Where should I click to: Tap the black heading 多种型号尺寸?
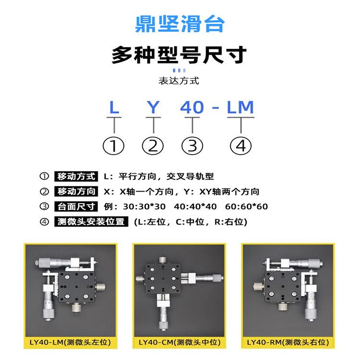click(x=180, y=55)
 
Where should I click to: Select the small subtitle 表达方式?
click(x=179, y=81)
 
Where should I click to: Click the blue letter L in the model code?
click(x=114, y=107)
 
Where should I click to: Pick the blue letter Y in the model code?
click(x=153, y=107)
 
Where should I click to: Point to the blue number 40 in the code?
click(x=192, y=107)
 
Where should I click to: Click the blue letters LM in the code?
click(x=240, y=107)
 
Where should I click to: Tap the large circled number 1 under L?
click(x=114, y=145)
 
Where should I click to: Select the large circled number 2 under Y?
click(x=153, y=145)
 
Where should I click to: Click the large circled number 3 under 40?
click(x=192, y=145)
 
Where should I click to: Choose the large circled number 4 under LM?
click(x=241, y=145)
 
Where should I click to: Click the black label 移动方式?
click(x=76, y=176)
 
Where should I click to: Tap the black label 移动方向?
click(x=76, y=192)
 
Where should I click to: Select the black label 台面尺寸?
click(x=76, y=206)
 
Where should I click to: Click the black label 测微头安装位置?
click(x=91, y=222)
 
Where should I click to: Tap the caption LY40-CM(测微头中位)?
click(x=179, y=342)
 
